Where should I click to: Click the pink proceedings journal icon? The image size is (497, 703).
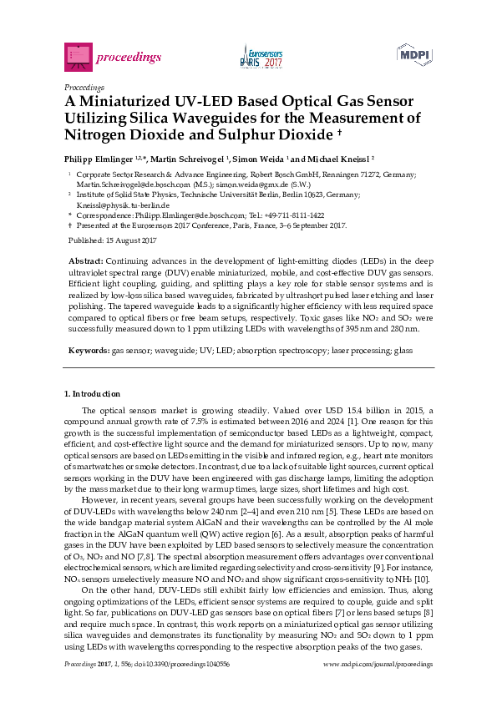tap(77, 56)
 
